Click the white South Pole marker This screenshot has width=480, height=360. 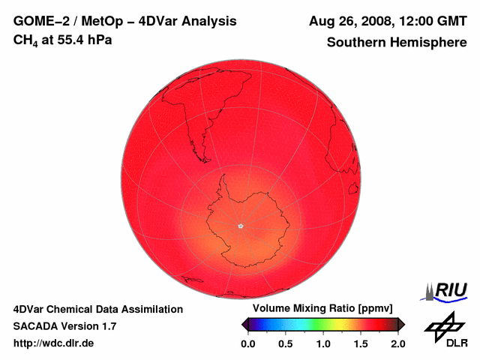point(241,226)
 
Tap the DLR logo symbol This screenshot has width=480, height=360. point(443,326)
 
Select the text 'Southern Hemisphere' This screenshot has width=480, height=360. point(397,43)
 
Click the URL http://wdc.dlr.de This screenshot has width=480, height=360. point(54,343)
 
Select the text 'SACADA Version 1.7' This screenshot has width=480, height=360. point(65,326)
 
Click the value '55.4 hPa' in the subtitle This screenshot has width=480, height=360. point(86,40)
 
